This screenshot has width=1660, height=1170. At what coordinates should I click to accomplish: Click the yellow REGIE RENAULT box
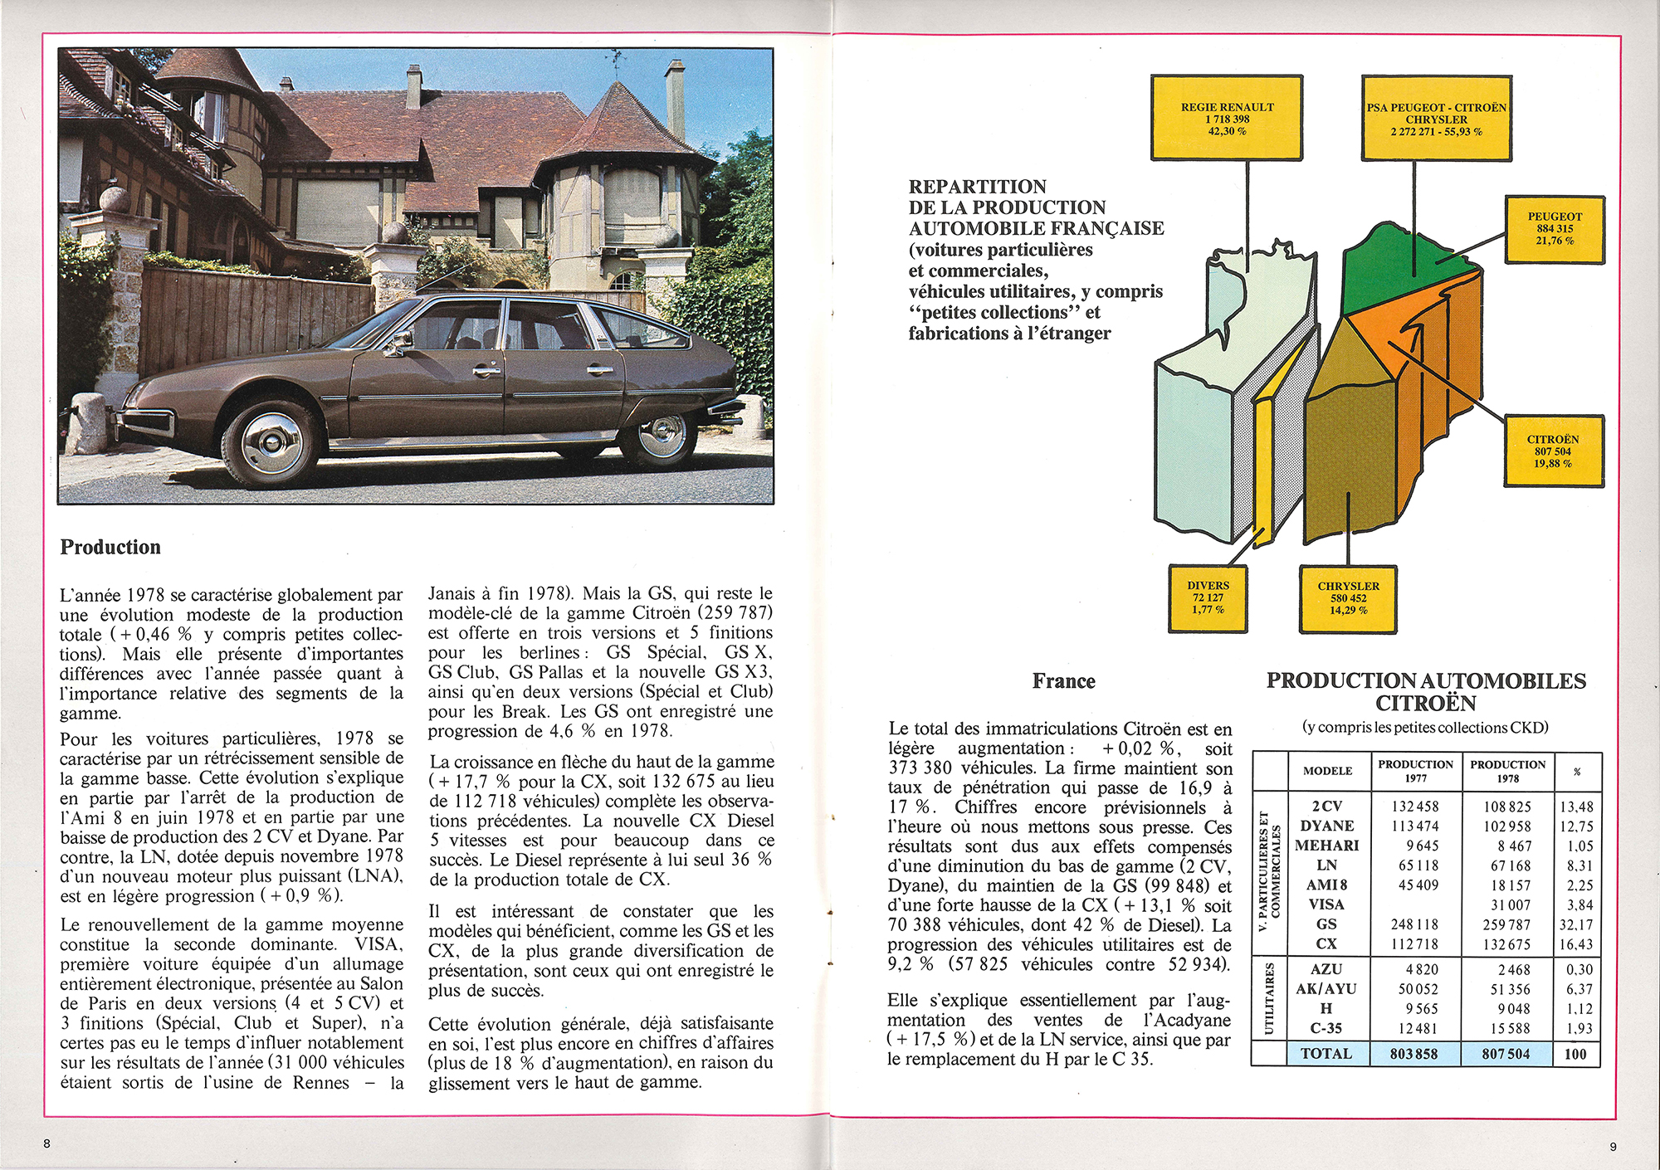click(1227, 119)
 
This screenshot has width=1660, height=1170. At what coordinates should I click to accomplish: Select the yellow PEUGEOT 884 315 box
click(1554, 229)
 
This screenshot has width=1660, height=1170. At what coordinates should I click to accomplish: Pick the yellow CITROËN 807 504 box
click(1553, 451)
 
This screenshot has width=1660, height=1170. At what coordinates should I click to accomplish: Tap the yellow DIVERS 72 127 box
click(1208, 597)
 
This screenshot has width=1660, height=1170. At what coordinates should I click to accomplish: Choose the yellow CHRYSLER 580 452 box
click(1348, 597)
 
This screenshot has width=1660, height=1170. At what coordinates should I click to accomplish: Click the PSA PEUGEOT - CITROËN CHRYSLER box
click(1436, 119)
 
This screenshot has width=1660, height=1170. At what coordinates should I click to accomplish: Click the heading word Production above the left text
click(110, 547)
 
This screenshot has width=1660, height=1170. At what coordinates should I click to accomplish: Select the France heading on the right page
click(1063, 681)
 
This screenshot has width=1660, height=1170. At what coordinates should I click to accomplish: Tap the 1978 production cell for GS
click(1507, 924)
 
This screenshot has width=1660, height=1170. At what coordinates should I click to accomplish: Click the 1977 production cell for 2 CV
click(1415, 807)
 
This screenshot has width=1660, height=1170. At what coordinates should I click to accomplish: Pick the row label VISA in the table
click(1326, 904)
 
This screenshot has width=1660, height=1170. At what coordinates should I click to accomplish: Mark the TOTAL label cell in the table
click(1326, 1054)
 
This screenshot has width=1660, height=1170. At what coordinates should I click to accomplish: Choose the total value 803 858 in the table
click(1415, 1054)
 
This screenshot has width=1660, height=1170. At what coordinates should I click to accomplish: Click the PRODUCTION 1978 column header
click(1507, 771)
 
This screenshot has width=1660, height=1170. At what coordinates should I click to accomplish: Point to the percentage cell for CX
click(1576, 944)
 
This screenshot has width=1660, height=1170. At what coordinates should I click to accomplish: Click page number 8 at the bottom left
click(47, 1143)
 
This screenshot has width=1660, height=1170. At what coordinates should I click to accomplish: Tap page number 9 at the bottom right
click(1613, 1147)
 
